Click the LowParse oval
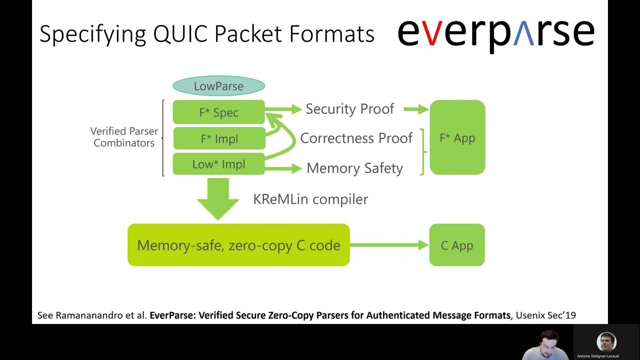pos(218,86)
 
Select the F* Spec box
pos(218,112)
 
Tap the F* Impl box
pos(219,138)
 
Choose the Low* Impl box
pos(218,164)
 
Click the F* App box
pos(457,138)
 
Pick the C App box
pos(456,245)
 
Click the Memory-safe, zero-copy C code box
pos(238,245)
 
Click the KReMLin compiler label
pos(310,199)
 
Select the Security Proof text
pos(349,109)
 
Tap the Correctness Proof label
pos(356,138)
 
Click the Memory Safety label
pos(354,168)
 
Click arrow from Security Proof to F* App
pos(415,109)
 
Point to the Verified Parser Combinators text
pos(124,137)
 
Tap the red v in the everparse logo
pos(434,34)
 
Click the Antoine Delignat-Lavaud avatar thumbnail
pos(606,342)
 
